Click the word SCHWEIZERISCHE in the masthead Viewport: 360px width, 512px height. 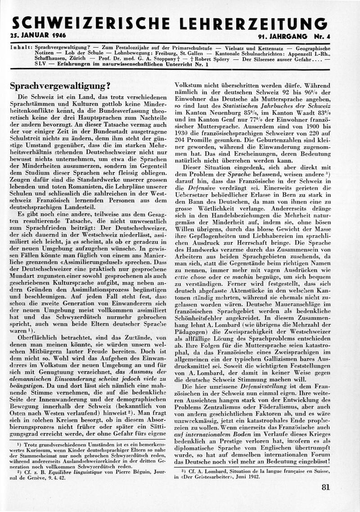pyautogui.click(x=90, y=23)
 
